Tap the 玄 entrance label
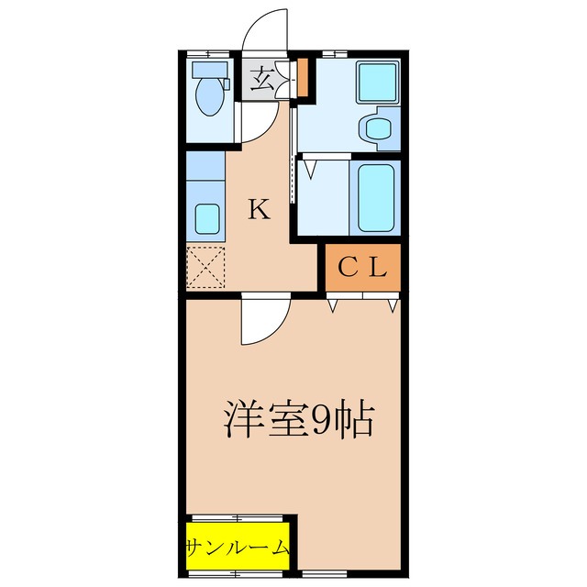261,81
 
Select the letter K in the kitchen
259,210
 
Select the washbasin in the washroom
377,127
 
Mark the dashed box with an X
205,269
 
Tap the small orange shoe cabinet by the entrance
302,80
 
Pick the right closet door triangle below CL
392,305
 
